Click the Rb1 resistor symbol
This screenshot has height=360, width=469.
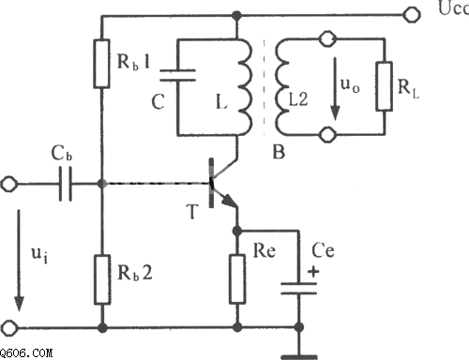click(101, 64)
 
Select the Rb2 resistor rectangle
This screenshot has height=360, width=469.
click(102, 279)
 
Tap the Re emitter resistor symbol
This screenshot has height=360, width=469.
click(237, 279)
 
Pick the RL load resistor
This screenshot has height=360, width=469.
click(385, 86)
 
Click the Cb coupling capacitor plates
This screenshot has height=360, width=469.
click(66, 184)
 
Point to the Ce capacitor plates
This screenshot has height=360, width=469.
click(298, 289)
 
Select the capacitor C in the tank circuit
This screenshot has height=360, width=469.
click(177, 75)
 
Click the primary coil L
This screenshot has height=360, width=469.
click(245, 87)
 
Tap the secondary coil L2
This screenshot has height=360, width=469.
click(281, 87)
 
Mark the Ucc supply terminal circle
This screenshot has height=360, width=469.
click(411, 14)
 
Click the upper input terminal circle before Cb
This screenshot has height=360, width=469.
click(9, 184)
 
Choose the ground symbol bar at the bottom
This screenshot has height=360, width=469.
click(299, 357)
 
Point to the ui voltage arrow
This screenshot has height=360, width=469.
click(19, 260)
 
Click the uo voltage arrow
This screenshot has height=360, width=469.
click(335, 88)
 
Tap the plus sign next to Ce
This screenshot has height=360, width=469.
click(313, 271)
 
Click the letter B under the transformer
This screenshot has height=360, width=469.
click(279, 152)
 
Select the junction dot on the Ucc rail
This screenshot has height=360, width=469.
click(236, 15)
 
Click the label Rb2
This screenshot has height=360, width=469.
click(135, 273)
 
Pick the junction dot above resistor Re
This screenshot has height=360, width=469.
click(237, 232)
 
